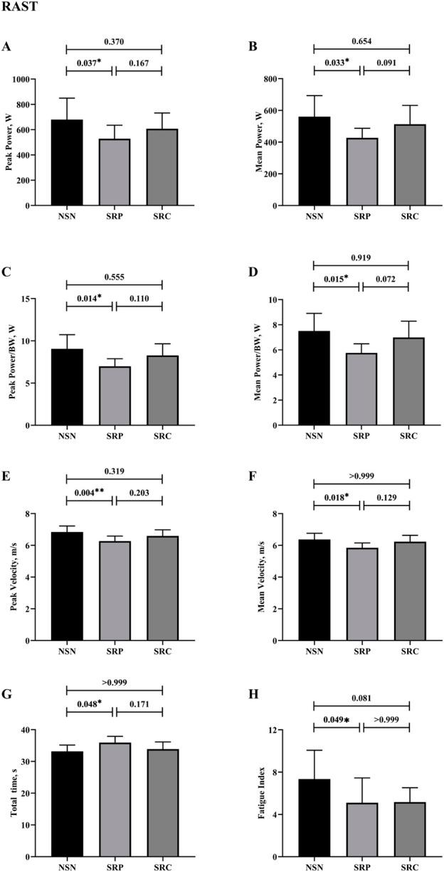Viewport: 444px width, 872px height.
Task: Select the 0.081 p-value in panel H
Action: [x=361, y=699]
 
